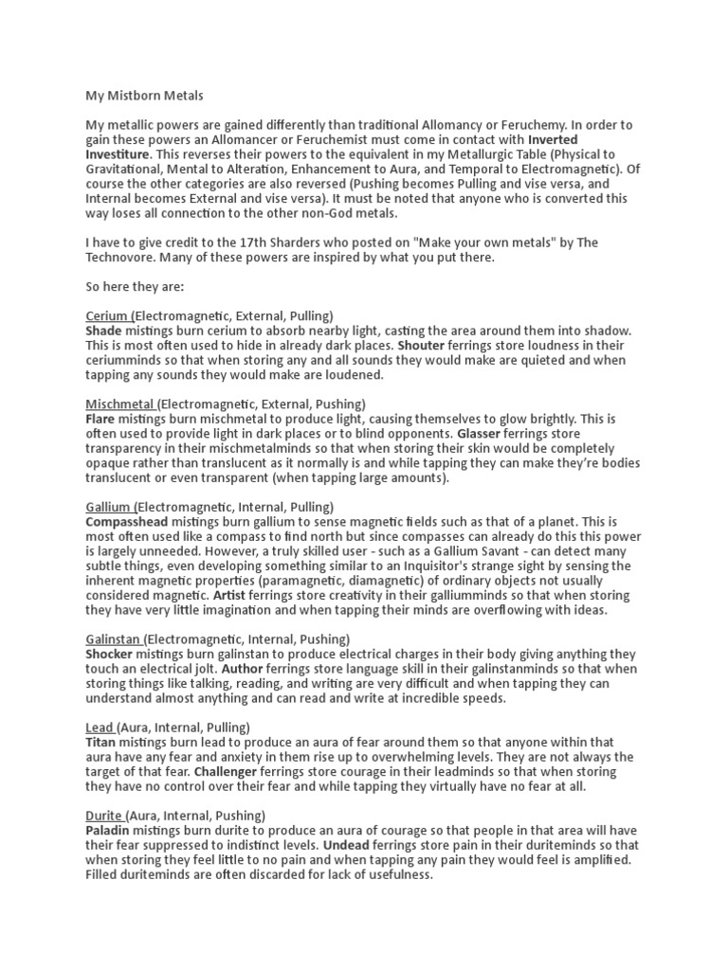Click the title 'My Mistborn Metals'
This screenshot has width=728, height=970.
click(x=145, y=96)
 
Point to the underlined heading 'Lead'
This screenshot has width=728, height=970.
click(x=100, y=727)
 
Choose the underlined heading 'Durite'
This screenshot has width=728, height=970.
click(x=103, y=815)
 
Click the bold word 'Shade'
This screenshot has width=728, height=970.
click(x=104, y=330)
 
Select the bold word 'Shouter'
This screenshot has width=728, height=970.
click(x=421, y=345)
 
